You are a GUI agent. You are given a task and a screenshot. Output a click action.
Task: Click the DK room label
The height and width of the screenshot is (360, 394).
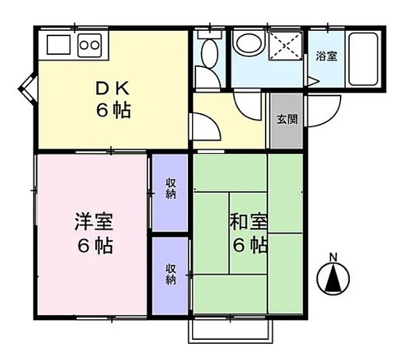(112, 88)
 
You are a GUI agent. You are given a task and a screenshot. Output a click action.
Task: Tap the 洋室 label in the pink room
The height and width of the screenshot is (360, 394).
(94, 221)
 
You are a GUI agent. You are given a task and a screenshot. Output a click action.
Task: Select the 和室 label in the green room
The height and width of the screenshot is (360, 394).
(248, 221)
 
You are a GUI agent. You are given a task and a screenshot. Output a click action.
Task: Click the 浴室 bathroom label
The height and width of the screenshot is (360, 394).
(326, 56)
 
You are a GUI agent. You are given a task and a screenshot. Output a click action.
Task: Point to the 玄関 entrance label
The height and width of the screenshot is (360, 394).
(287, 119)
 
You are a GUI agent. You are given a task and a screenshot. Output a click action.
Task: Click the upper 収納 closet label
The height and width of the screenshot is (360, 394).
(171, 188)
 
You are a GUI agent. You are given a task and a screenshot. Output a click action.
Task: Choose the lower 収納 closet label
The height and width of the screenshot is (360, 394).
(171, 274)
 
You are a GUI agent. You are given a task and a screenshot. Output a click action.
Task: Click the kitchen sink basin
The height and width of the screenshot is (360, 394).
(58, 44)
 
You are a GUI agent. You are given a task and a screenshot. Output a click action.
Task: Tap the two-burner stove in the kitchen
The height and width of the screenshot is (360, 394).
(90, 46)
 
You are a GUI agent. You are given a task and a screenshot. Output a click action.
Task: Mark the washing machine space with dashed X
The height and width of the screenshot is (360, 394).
(286, 46)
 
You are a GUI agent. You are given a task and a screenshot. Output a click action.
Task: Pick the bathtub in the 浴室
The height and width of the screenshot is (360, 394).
(363, 59)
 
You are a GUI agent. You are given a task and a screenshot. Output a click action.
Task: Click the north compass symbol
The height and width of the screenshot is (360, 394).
(333, 279)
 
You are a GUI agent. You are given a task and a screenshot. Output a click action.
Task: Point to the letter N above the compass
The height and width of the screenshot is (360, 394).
(333, 258)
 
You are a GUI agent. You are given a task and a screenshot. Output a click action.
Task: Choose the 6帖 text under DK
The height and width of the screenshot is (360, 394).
(113, 110)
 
